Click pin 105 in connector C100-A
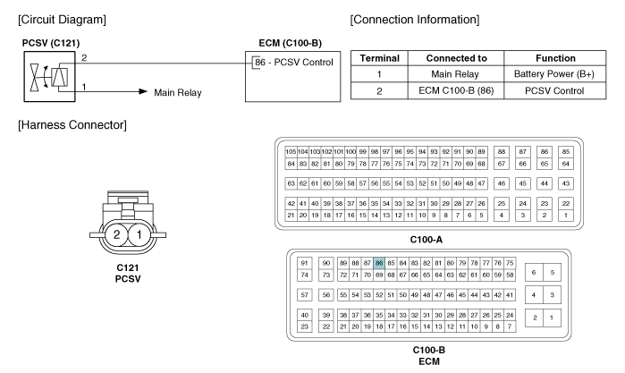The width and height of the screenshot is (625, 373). pos(291,152)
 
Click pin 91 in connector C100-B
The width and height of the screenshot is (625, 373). pos(305,262)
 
